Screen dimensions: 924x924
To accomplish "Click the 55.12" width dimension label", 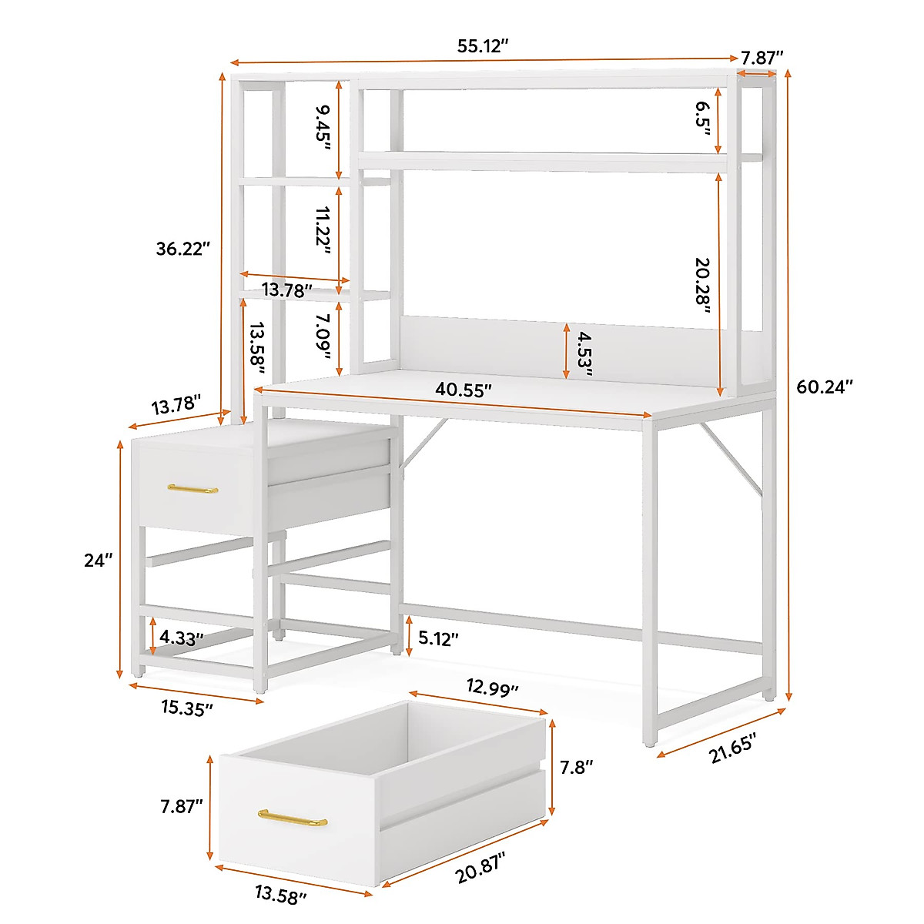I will (483, 46).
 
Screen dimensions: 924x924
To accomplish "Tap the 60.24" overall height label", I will (825, 387).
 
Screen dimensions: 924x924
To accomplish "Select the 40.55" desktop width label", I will (463, 390).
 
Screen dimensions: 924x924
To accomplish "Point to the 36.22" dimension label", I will (182, 249).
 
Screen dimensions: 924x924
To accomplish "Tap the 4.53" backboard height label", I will (584, 353).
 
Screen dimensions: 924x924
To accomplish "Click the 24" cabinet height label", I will (99, 561).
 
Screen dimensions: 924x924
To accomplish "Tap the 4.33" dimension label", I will (182, 638).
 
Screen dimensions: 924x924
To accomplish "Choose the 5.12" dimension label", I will (439, 638).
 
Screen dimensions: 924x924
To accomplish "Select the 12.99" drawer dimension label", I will (493, 688).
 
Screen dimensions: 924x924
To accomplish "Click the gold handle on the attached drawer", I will (192, 489).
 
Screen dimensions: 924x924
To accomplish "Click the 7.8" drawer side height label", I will (576, 767).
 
